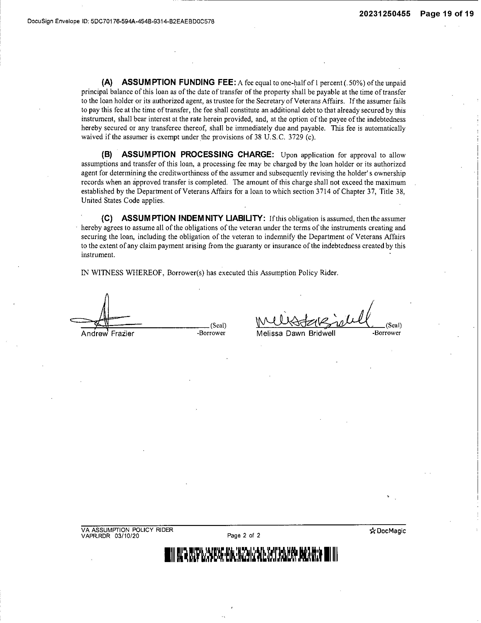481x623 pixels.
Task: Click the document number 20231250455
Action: click(x=384, y=14)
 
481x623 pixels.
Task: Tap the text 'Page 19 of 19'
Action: click(x=446, y=14)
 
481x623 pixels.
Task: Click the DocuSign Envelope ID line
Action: click(x=121, y=21)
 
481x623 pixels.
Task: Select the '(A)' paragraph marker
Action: click(x=107, y=82)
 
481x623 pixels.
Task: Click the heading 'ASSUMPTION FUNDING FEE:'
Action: click(x=179, y=82)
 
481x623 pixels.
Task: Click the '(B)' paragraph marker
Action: click(x=107, y=155)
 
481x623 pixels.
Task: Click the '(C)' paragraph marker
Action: click(x=107, y=219)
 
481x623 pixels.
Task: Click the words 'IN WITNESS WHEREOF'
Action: click(x=122, y=273)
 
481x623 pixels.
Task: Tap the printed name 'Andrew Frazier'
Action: click(x=107, y=334)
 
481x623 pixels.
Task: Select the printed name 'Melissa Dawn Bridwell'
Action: click(x=296, y=334)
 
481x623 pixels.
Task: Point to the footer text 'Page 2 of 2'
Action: click(x=244, y=535)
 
